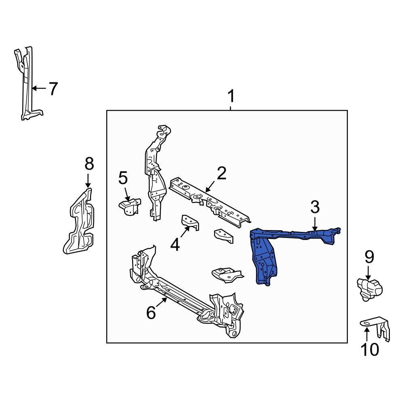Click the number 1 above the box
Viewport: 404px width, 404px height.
point(231,97)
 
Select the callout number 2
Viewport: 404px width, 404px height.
point(221,173)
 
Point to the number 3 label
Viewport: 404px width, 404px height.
point(315,207)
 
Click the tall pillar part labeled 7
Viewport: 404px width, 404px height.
point(27,85)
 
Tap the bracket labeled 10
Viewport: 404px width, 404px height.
point(376,327)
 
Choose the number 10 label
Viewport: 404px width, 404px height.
point(370,349)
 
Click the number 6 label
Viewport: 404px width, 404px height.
point(151,312)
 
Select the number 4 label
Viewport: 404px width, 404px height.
point(175,245)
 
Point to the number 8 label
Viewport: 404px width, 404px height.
point(89,164)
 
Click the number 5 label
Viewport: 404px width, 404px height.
point(123,178)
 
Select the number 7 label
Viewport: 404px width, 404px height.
point(53,88)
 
